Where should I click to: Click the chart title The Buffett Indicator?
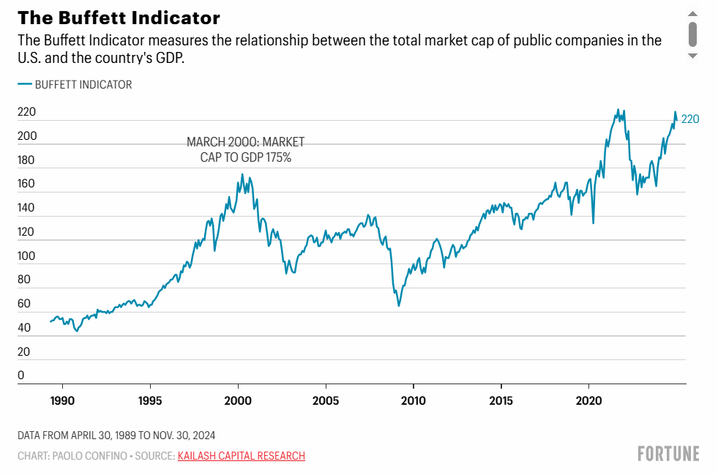click(x=119, y=18)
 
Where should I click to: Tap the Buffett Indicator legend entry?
click(x=75, y=84)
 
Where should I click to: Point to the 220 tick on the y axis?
click(x=26, y=113)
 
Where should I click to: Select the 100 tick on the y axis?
click(x=26, y=256)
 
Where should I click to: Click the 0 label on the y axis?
click(x=21, y=375)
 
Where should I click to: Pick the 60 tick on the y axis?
click(x=23, y=304)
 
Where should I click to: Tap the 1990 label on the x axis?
click(x=62, y=401)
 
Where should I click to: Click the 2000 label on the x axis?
click(x=238, y=401)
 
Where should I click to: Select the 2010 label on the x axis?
click(x=414, y=401)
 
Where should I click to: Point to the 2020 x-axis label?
click(x=589, y=401)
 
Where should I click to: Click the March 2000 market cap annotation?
click(x=245, y=149)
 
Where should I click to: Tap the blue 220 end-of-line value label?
click(x=690, y=119)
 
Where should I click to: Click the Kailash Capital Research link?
click(x=241, y=456)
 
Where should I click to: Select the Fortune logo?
click(x=668, y=454)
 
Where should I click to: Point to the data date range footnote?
click(x=116, y=435)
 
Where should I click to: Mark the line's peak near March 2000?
click(x=242, y=174)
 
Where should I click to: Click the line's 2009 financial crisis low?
click(x=399, y=305)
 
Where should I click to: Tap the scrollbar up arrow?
click(x=692, y=12)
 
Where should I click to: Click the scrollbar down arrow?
click(x=692, y=56)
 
